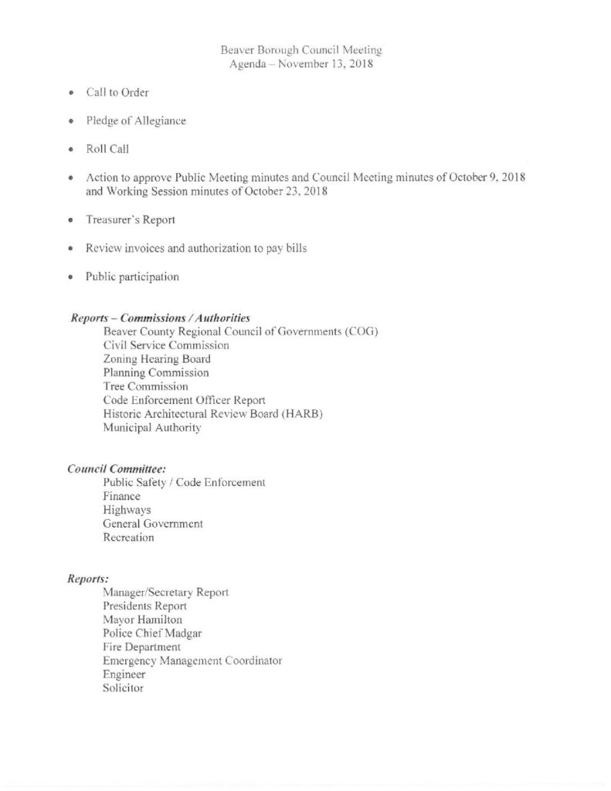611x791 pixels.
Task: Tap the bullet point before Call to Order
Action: (x=70, y=93)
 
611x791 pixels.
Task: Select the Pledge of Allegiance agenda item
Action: (x=136, y=121)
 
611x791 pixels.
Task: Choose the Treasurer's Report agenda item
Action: (x=131, y=220)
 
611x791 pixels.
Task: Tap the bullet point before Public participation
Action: (x=70, y=277)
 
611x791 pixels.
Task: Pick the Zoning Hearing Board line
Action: (x=157, y=359)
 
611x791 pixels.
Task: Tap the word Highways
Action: (x=127, y=510)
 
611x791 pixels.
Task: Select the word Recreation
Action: (x=128, y=538)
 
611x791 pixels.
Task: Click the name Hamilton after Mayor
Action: (x=157, y=620)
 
